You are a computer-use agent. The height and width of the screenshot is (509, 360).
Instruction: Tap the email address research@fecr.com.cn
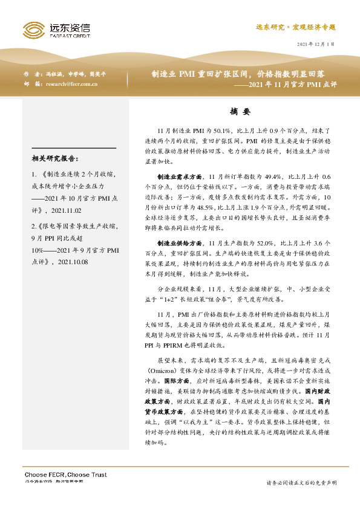point(71,84)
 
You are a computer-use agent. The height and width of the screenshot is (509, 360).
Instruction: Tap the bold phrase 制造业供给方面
point(175,242)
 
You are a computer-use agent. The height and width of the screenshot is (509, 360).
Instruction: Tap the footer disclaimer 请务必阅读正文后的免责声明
point(301,483)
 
